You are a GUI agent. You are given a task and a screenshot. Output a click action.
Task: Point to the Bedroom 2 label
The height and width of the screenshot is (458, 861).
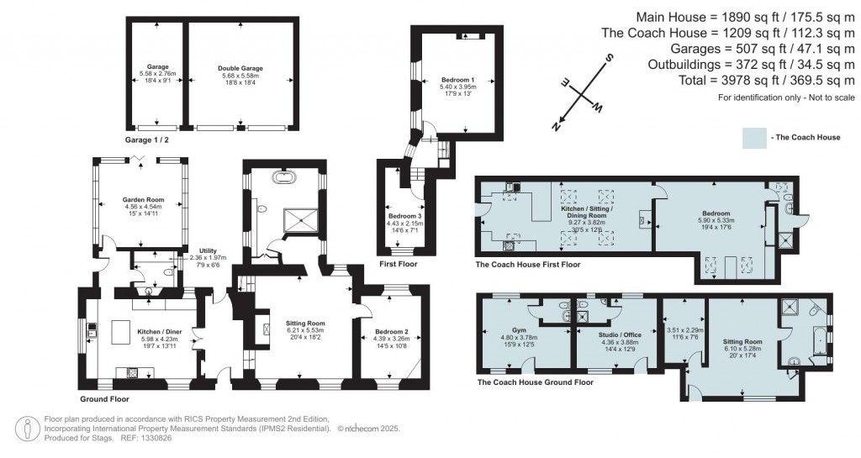point(391,332)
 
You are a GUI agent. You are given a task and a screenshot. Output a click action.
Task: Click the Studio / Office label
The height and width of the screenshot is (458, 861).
point(621,334)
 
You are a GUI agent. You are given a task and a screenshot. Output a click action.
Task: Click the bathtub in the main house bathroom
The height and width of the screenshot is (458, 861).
point(282,179)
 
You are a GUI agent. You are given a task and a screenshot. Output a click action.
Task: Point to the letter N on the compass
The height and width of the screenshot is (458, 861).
point(554,125)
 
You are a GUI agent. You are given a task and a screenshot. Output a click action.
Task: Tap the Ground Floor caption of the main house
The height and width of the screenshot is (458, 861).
point(105,399)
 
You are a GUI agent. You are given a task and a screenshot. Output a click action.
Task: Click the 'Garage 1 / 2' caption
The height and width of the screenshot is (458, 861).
point(147,140)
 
